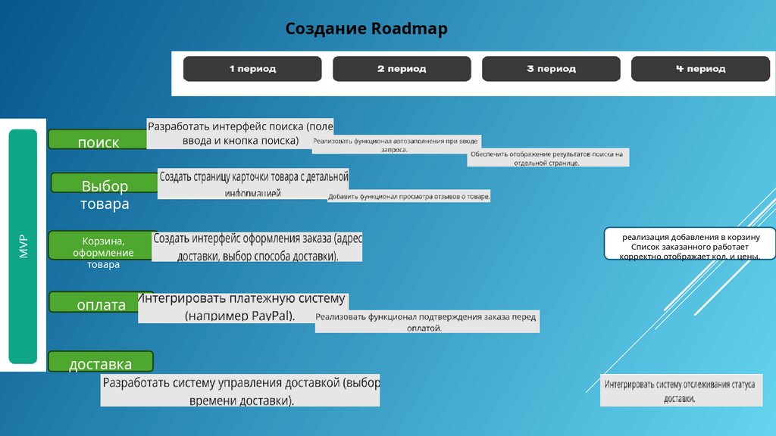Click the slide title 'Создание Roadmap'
[x=366, y=30]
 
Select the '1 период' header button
[x=252, y=69]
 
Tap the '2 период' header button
[x=402, y=69]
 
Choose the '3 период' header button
[x=551, y=69]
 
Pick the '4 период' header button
[x=700, y=69]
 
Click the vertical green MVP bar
[x=23, y=247]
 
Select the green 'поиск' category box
[x=97, y=140]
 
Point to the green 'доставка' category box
[x=100, y=362]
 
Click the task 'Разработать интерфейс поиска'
[x=240, y=133]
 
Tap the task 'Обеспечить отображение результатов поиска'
[x=548, y=157]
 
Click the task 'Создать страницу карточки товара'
[x=253, y=183]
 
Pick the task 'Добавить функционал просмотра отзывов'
[x=409, y=197]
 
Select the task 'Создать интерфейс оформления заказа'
[x=258, y=247]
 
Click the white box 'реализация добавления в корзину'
[x=690, y=244]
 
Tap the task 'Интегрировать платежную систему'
[x=242, y=307]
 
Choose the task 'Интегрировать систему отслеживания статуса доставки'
[x=679, y=391]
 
